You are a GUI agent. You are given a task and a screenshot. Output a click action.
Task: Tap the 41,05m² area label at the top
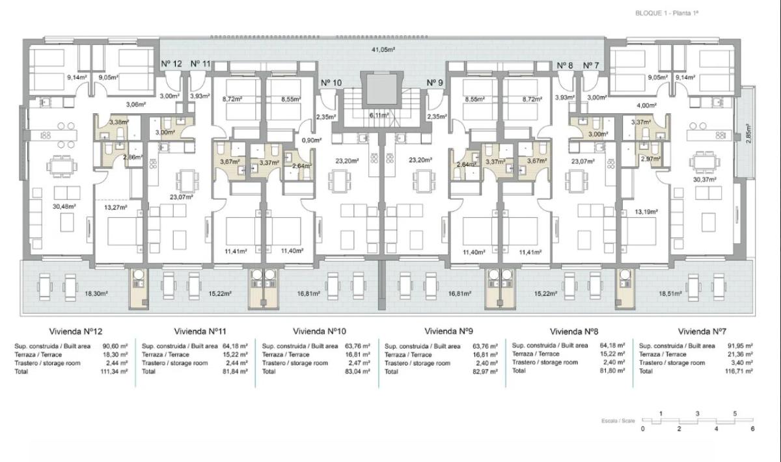pyautogui.click(x=384, y=49)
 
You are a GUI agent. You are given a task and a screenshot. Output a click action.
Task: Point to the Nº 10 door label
pyautogui.click(x=331, y=83)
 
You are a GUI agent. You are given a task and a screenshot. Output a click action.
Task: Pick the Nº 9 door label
pyautogui.click(x=435, y=83)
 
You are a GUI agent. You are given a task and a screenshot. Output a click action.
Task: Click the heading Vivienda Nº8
pyautogui.click(x=575, y=331)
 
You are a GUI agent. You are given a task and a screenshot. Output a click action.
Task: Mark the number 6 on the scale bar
pyautogui.click(x=752, y=428)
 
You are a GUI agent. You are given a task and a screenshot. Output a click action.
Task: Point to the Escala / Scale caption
pyautogui.click(x=618, y=421)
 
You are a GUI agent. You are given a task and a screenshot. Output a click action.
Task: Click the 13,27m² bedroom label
pyautogui.click(x=115, y=208)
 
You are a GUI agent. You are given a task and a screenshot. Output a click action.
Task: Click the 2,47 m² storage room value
pyautogui.click(x=359, y=362)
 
